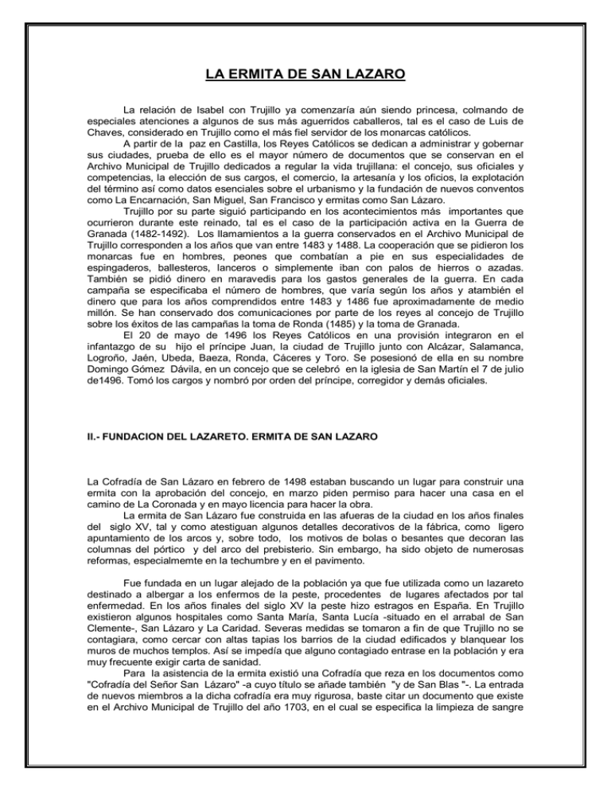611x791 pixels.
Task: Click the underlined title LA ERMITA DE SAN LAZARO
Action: [x=306, y=76]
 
